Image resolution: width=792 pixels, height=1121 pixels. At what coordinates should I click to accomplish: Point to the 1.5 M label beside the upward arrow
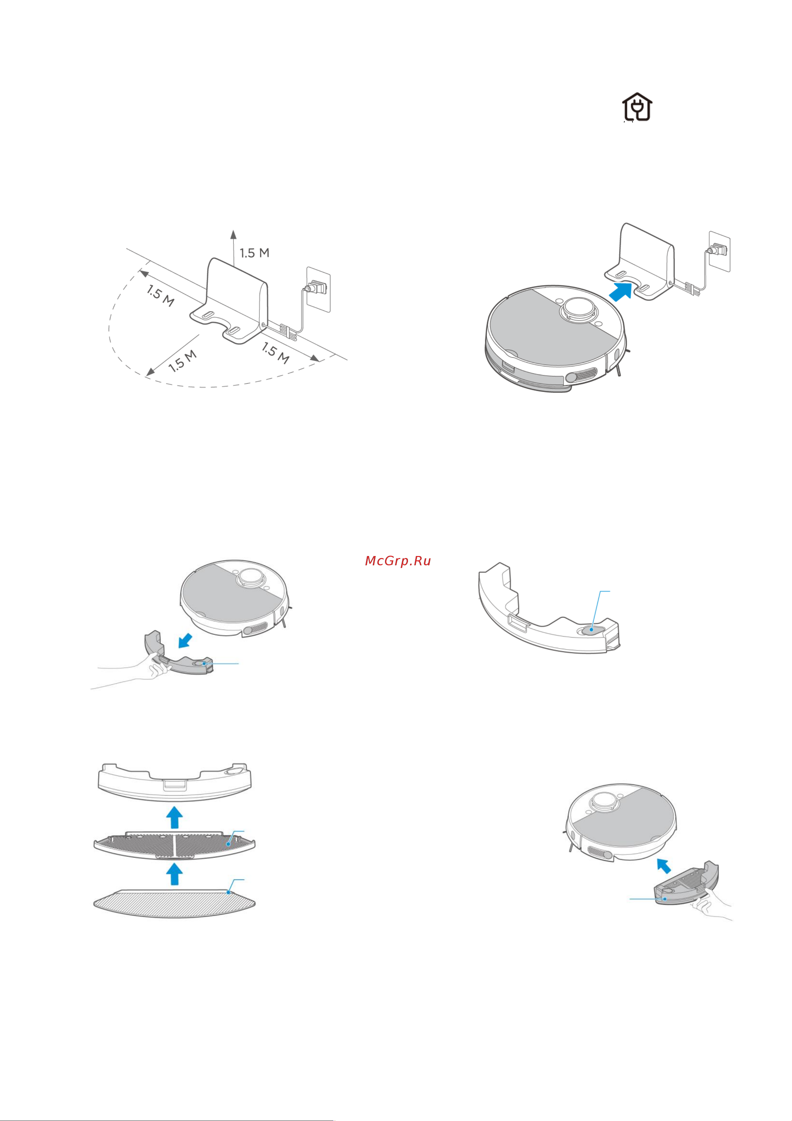pyautogui.click(x=254, y=253)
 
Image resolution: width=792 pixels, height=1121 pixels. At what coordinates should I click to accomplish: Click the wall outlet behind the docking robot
pyautogui.click(x=719, y=251)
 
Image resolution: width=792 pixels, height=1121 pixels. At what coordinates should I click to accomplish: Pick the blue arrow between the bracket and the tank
pyautogui.click(x=175, y=817)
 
